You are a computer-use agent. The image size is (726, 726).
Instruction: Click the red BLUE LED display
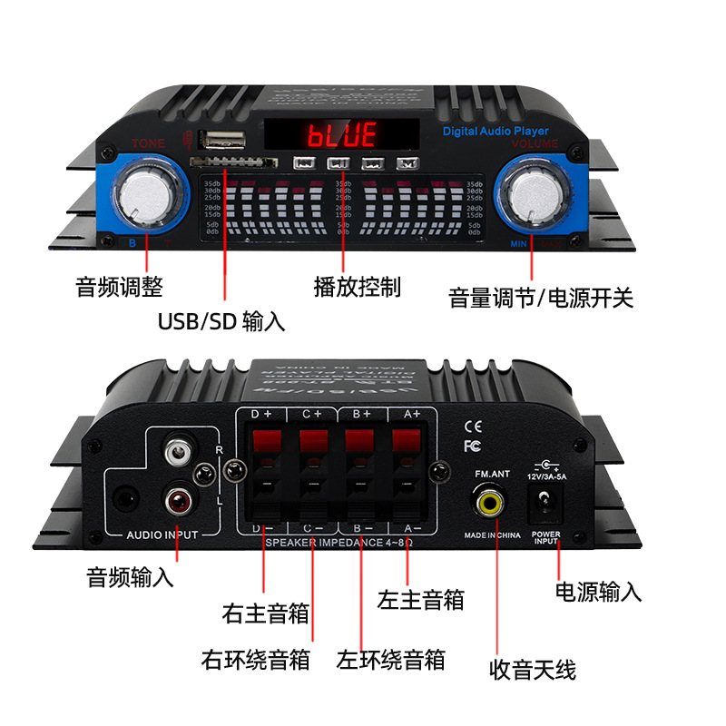[x=342, y=137]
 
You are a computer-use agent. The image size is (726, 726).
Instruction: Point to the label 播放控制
[x=357, y=287]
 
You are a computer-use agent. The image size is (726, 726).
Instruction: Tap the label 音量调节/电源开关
[x=541, y=299]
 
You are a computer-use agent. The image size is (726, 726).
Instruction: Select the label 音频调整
[x=119, y=288]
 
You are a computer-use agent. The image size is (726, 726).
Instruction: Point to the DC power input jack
[x=545, y=501]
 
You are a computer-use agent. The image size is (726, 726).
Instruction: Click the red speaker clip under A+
[x=406, y=442]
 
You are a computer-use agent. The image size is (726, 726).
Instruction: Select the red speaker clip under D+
[x=265, y=442]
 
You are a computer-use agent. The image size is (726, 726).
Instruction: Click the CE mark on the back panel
[x=472, y=426]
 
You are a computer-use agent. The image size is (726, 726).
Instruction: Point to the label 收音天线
[x=533, y=671]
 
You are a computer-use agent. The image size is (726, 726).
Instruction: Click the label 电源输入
[x=598, y=593]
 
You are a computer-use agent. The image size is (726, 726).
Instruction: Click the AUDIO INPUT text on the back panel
[x=162, y=535]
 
